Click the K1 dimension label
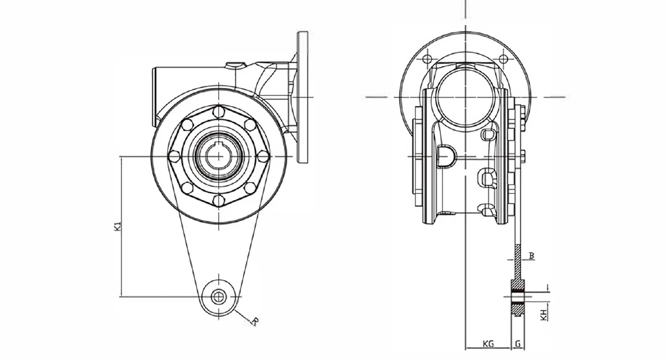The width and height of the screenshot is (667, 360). (118, 226)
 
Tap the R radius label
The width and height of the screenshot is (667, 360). (256, 321)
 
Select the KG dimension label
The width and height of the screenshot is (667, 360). (488, 344)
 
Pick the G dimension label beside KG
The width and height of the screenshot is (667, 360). (518, 344)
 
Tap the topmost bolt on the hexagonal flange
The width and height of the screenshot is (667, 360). (219, 111)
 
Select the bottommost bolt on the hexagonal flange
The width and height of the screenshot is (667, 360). (219, 200)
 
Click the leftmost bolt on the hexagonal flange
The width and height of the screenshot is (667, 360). (174, 156)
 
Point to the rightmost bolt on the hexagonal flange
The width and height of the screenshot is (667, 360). (263, 156)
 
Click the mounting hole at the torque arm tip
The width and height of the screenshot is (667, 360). (218, 297)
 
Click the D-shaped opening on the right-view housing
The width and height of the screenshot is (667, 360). (446, 156)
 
